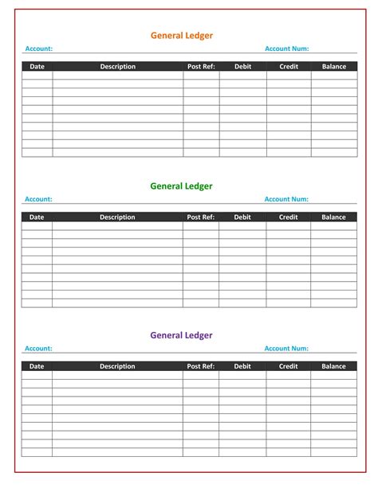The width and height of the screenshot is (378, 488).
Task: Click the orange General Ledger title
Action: click(182, 35)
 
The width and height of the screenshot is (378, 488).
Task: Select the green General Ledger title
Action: click(182, 185)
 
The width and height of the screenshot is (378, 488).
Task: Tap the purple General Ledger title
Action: click(182, 335)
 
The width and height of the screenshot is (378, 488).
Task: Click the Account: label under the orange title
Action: click(38, 49)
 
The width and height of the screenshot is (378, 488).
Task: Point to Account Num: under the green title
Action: click(286, 199)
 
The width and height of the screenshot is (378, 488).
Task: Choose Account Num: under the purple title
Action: click(286, 349)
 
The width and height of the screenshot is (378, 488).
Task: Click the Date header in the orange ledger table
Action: click(37, 67)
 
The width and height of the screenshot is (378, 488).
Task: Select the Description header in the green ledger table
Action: click(117, 217)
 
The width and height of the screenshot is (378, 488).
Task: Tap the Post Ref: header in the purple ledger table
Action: click(201, 366)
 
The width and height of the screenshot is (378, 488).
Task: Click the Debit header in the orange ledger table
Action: click(242, 67)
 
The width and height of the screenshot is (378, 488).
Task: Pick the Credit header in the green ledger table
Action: click(288, 217)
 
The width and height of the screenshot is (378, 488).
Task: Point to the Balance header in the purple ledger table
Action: click(333, 366)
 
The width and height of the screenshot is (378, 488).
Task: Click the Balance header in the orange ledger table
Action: click(333, 67)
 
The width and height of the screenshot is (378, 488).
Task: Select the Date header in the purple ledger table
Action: click(37, 366)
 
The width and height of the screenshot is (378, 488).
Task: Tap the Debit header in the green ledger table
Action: click(242, 217)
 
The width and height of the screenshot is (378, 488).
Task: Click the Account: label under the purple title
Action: click(38, 349)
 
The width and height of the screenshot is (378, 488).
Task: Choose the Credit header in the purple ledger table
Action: click(288, 366)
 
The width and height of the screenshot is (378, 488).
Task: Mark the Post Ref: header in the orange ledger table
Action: click(201, 67)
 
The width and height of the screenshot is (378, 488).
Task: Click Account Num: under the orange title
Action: click(286, 49)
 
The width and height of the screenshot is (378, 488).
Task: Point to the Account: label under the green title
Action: click(38, 199)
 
